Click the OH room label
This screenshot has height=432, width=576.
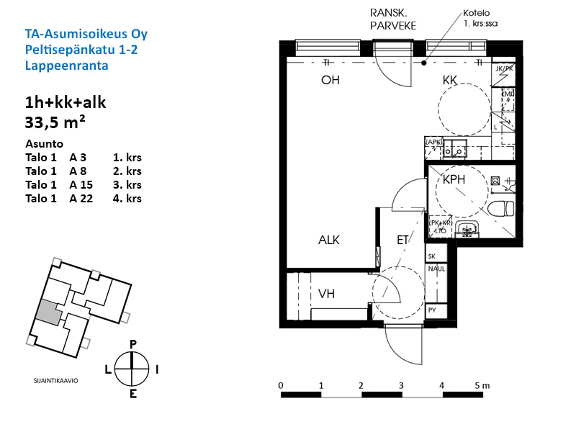pos(330,81)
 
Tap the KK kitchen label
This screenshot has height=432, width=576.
pos(451,81)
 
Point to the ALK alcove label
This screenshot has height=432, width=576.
pos(329,240)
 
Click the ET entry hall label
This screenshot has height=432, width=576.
pos(402,240)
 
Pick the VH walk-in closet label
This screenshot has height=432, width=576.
pos(327,294)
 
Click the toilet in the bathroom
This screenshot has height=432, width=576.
pos(500,209)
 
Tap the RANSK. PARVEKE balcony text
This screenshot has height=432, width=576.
pos(392,19)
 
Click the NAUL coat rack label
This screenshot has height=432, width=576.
pos(436,269)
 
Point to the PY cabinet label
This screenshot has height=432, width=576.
pos(432,311)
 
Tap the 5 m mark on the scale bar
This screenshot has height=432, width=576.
pos(482,385)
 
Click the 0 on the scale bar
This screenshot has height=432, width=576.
pos(280,385)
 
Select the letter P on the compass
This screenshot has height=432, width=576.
pos(132,345)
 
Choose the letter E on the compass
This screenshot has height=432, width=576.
pos(132,393)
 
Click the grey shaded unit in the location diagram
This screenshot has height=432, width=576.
pos(48,311)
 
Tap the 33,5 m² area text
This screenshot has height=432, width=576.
pos(55,121)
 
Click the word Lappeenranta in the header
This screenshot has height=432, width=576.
pos(66,65)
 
